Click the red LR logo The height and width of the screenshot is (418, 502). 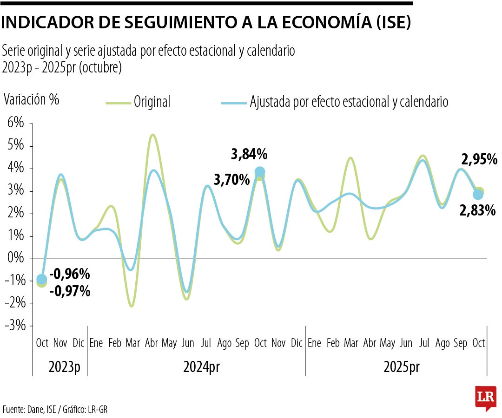[485, 397]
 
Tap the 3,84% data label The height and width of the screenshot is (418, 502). [249, 154]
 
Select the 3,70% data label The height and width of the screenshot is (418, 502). [231, 179]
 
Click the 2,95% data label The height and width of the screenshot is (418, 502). [479, 160]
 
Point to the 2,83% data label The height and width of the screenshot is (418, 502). [477, 211]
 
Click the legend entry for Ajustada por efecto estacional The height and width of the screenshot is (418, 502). [349, 102]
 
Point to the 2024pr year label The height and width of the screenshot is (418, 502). [201, 367]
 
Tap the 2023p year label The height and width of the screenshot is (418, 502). [64, 367]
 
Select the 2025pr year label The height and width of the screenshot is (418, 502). [402, 367]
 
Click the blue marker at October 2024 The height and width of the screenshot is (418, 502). [260, 172]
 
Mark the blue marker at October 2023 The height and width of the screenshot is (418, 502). [42, 279]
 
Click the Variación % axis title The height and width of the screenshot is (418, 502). [32, 99]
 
